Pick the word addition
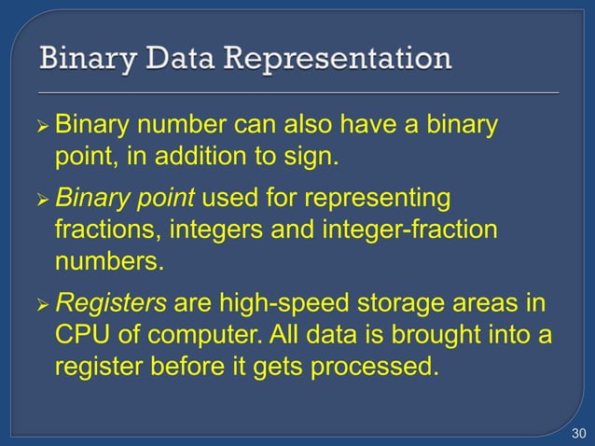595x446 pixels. (201, 155)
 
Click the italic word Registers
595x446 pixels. (111, 303)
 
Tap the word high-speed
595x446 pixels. (274, 303)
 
